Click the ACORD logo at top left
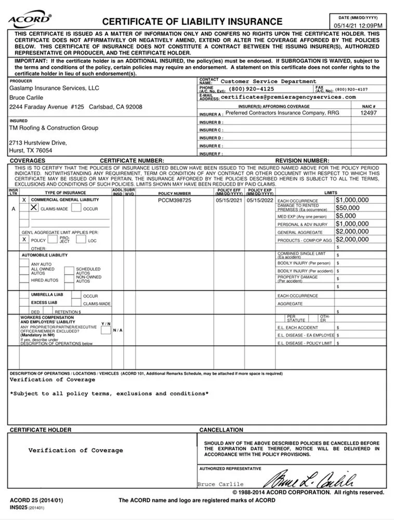click(x=29, y=20)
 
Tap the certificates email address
click(x=288, y=97)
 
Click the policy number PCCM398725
click(x=175, y=200)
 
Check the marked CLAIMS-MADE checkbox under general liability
click(x=34, y=207)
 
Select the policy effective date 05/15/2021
click(x=229, y=200)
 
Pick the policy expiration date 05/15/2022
click(x=259, y=200)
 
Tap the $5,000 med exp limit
click(x=346, y=216)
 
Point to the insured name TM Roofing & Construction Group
click(x=54, y=128)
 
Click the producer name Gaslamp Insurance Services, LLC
click(x=54, y=88)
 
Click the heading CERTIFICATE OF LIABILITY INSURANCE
click(x=192, y=22)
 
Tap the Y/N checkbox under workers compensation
click(x=106, y=330)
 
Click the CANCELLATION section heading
click(x=221, y=430)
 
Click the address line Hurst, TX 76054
click(x=31, y=150)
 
